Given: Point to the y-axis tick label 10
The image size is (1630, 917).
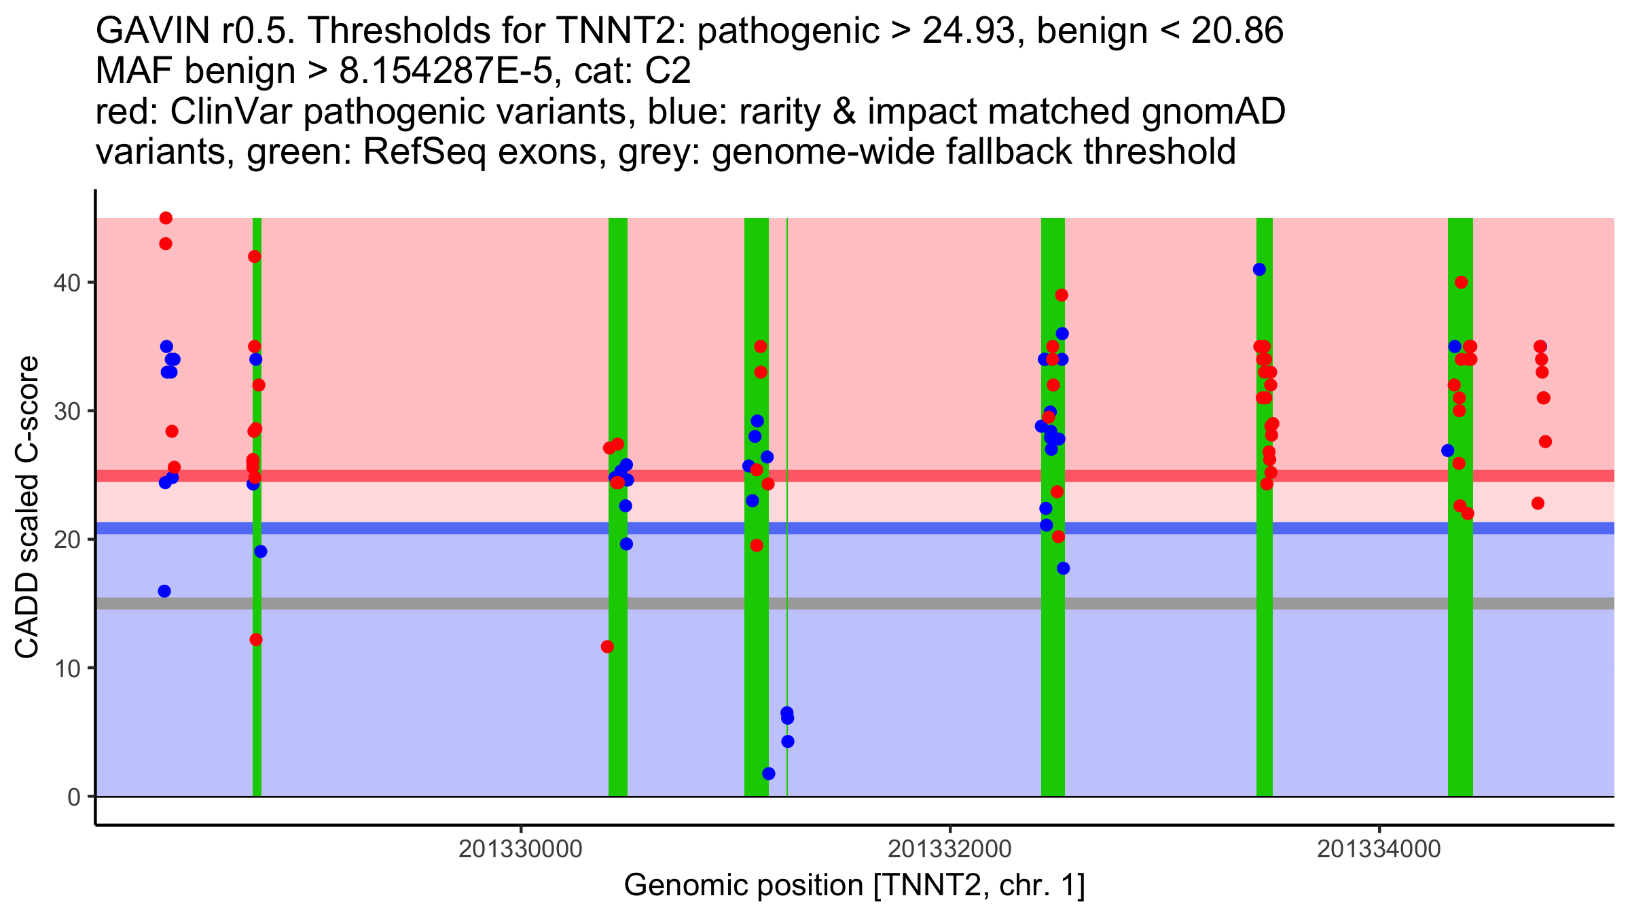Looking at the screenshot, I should coord(66,668).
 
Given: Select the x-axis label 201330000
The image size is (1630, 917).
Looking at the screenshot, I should coord(520,849).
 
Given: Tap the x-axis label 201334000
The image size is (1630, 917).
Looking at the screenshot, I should coord(1379,849).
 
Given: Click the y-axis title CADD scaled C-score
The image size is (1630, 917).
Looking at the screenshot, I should coord(27,508).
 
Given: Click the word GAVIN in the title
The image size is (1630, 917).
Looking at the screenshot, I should coord(141,31).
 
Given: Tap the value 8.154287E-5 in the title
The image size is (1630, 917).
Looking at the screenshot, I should coord(446,71).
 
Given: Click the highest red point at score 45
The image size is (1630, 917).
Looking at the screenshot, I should coord(166,218).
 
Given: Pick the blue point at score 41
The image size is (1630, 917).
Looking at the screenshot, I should coord(1259,270).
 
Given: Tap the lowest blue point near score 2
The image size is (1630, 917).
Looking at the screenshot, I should coord(769,774).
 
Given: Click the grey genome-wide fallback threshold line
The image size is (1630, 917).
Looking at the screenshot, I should coord(475,603).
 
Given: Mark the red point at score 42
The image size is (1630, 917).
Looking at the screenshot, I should coord(255,257).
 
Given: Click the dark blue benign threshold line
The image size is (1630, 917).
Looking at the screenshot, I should coord(475,528).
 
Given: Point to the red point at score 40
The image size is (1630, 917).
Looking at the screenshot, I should coord(1462,283).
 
